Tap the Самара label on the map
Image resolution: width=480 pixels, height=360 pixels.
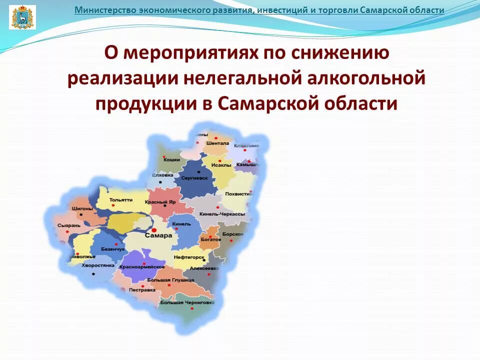tap(158, 235)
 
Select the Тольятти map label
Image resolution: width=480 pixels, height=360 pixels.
tap(120, 199)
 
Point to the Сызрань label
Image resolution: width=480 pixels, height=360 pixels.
tap(68, 225)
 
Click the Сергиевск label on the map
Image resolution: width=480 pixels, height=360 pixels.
tap(194, 177)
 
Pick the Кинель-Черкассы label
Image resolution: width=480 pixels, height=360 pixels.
tap(222, 213)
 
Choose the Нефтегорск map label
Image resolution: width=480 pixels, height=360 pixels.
tap(189, 257)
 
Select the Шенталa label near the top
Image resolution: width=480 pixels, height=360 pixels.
tap(220, 143)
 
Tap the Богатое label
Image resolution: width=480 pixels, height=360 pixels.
tap(211, 239)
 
